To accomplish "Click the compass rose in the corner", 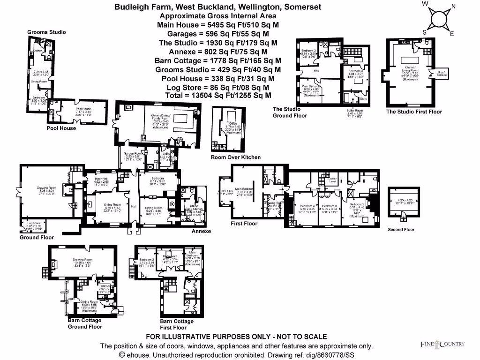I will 438,20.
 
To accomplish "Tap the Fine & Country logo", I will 442,345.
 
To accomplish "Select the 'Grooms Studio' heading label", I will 46,32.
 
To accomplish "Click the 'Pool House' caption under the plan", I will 61,128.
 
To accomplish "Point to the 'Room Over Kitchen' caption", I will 235,157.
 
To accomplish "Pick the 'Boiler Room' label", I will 354,111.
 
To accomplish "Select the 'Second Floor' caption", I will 401,230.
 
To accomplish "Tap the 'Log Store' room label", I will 33,223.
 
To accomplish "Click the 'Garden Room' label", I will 132,153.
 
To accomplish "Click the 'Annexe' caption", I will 201,231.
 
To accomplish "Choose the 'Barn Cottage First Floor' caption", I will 177,324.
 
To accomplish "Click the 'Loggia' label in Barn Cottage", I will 71,298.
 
